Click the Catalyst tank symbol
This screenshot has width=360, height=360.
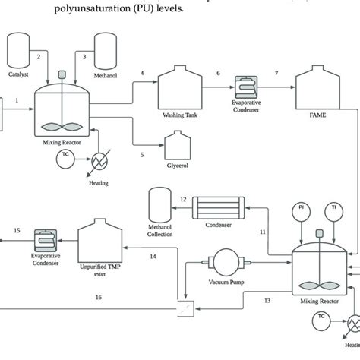tap(17, 49)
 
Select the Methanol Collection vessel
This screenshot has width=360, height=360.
tap(160, 207)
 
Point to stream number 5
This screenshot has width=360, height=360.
tap(141, 154)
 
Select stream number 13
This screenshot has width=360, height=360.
tap(267, 301)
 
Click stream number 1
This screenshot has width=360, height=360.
tap(17, 99)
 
